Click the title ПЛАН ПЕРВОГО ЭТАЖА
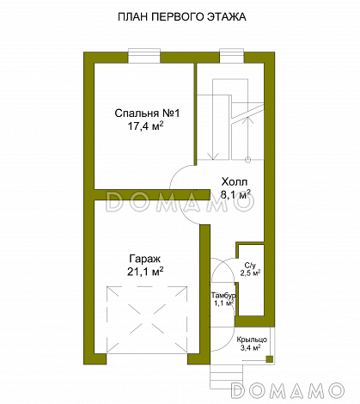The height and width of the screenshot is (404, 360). pyautogui.click(x=182, y=17)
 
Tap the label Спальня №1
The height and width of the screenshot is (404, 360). pyautogui.click(x=147, y=113)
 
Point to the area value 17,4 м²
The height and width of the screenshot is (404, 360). pyautogui.click(x=145, y=126)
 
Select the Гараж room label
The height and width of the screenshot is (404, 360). pyautogui.click(x=145, y=259)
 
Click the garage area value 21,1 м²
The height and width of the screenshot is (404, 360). pyautogui.click(x=145, y=272)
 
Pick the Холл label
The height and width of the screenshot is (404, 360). pyautogui.click(x=235, y=182)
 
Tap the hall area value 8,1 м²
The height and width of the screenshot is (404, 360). pyautogui.click(x=235, y=194)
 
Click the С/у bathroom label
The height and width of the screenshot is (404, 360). pyautogui.click(x=250, y=265)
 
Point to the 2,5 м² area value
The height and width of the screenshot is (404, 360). pyautogui.click(x=250, y=272)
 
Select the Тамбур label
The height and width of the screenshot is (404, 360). pyautogui.click(x=223, y=296)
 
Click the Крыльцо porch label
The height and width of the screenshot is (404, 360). pyautogui.click(x=252, y=340)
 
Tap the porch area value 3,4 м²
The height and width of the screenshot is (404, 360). pyautogui.click(x=250, y=348)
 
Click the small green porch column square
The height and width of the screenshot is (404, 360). pyautogui.click(x=269, y=359)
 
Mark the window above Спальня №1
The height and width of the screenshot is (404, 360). pyautogui.click(x=144, y=56)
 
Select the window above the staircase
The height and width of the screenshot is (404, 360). pyautogui.click(x=232, y=56)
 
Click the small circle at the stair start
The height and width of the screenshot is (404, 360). pyautogui.click(x=248, y=160)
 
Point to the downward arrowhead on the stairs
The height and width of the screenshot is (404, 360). pyautogui.click(x=212, y=156)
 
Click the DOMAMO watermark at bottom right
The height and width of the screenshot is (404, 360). pyautogui.click(x=288, y=390)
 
